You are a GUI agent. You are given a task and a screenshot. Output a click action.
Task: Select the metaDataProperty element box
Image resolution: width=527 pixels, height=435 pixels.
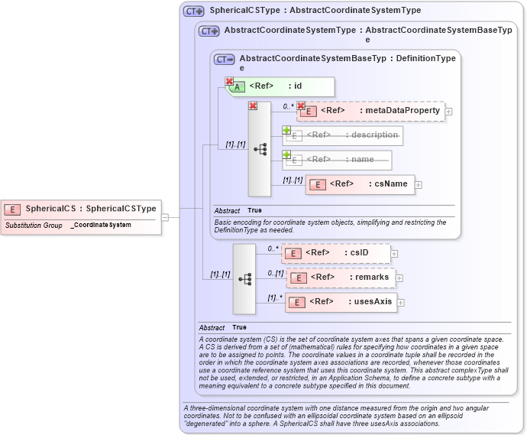pos(370,111)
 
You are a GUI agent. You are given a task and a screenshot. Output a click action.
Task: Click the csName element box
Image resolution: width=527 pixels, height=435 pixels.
pos(360,184)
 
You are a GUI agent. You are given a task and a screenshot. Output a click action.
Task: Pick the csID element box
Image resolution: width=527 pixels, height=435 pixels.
pos(336,253)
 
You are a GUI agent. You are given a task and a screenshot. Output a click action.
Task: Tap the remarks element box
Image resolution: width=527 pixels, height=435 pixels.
pos(341,278)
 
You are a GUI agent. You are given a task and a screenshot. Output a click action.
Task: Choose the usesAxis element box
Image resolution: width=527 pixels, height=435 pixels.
pos(340,302)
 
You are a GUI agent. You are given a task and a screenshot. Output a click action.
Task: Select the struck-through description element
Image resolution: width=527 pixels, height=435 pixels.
pos(343,135)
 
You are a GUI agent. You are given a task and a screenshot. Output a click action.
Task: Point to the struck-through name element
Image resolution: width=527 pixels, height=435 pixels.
pos(338,160)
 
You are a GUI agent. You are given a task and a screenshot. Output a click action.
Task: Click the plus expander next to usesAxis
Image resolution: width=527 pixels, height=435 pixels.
pos(401,303)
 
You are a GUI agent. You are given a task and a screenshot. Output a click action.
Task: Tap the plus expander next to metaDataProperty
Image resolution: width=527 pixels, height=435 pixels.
pos(448,112)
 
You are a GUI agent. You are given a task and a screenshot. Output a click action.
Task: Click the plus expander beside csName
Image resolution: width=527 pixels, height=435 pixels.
pos(419,185)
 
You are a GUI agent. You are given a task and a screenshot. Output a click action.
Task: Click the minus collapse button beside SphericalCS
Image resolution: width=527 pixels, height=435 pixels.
pos(164,217)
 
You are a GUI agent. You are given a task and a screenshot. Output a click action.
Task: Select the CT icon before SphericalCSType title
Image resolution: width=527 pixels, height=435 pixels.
pos(194,11)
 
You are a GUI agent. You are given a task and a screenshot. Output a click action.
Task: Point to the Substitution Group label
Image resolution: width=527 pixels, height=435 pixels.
pos(34,226)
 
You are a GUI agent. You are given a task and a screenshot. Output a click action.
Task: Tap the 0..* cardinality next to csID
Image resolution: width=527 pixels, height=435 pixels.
pos(273,248)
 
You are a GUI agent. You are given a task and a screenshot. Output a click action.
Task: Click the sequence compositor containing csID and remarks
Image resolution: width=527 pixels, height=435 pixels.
pos(244,279)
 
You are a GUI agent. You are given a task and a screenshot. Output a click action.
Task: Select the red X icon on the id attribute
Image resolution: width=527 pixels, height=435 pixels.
pos(229,81)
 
